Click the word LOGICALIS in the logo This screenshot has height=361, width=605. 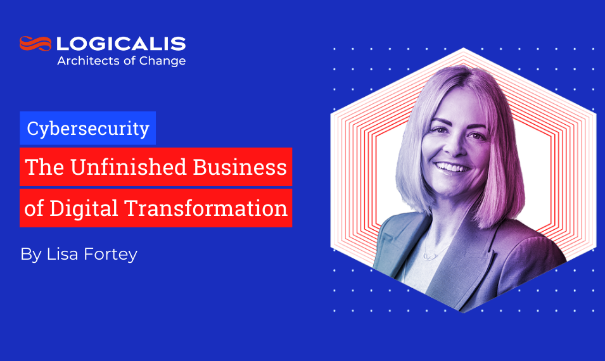121,44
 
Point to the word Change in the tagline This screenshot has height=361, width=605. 165,61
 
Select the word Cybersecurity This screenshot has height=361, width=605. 88,129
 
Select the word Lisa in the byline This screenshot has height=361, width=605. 65,255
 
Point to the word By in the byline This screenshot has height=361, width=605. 30,255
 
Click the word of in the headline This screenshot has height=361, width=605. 34,208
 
